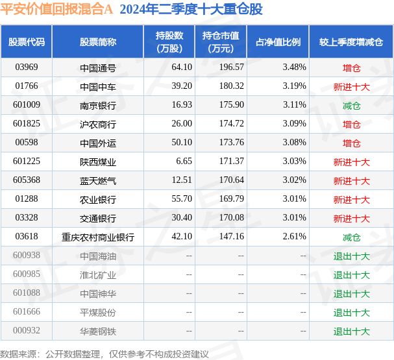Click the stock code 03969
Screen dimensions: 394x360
27,67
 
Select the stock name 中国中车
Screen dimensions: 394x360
98,87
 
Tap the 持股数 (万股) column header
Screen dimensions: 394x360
169,42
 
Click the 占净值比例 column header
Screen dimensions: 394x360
278,42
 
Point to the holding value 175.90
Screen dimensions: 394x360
232,104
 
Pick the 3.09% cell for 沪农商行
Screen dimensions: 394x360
294,123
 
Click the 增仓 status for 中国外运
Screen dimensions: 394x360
352,143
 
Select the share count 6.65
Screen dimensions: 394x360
184,161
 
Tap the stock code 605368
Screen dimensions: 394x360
27,180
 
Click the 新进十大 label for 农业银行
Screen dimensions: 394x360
352,200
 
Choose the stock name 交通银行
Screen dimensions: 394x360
98,219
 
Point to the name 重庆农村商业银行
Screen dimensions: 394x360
98,237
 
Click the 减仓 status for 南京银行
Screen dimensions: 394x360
352,106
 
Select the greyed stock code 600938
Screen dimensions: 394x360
27,256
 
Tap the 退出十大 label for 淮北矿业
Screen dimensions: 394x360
352,275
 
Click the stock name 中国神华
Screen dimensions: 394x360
98,294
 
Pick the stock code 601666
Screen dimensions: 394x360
27,312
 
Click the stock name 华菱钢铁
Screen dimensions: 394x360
98,331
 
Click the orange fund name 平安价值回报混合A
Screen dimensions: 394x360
56,9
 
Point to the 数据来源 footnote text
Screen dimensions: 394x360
105,354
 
